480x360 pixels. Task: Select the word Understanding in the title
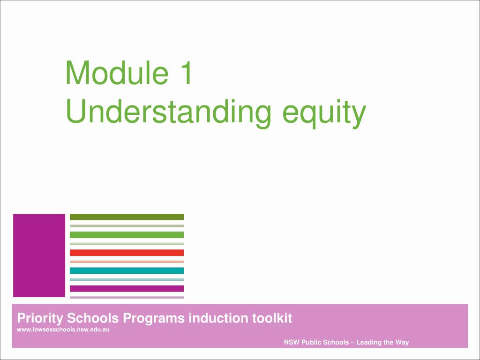tap(168, 112)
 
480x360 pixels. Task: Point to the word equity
tap(324, 113)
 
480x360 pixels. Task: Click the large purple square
tap(39, 255)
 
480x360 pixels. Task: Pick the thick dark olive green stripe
tap(127, 217)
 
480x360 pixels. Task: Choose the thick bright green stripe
tap(127, 235)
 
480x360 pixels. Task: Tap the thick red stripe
tap(127, 253)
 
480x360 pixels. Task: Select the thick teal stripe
tap(127, 270)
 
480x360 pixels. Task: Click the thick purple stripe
tap(127, 288)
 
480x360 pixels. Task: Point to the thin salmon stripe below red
tap(127, 262)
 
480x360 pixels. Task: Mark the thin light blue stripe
tap(127, 279)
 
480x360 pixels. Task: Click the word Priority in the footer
tap(40, 319)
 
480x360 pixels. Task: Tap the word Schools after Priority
tap(93, 318)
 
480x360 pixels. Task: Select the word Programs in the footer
tap(154, 319)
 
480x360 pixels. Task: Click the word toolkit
tap(272, 318)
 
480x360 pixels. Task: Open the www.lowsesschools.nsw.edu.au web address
tap(63, 330)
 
